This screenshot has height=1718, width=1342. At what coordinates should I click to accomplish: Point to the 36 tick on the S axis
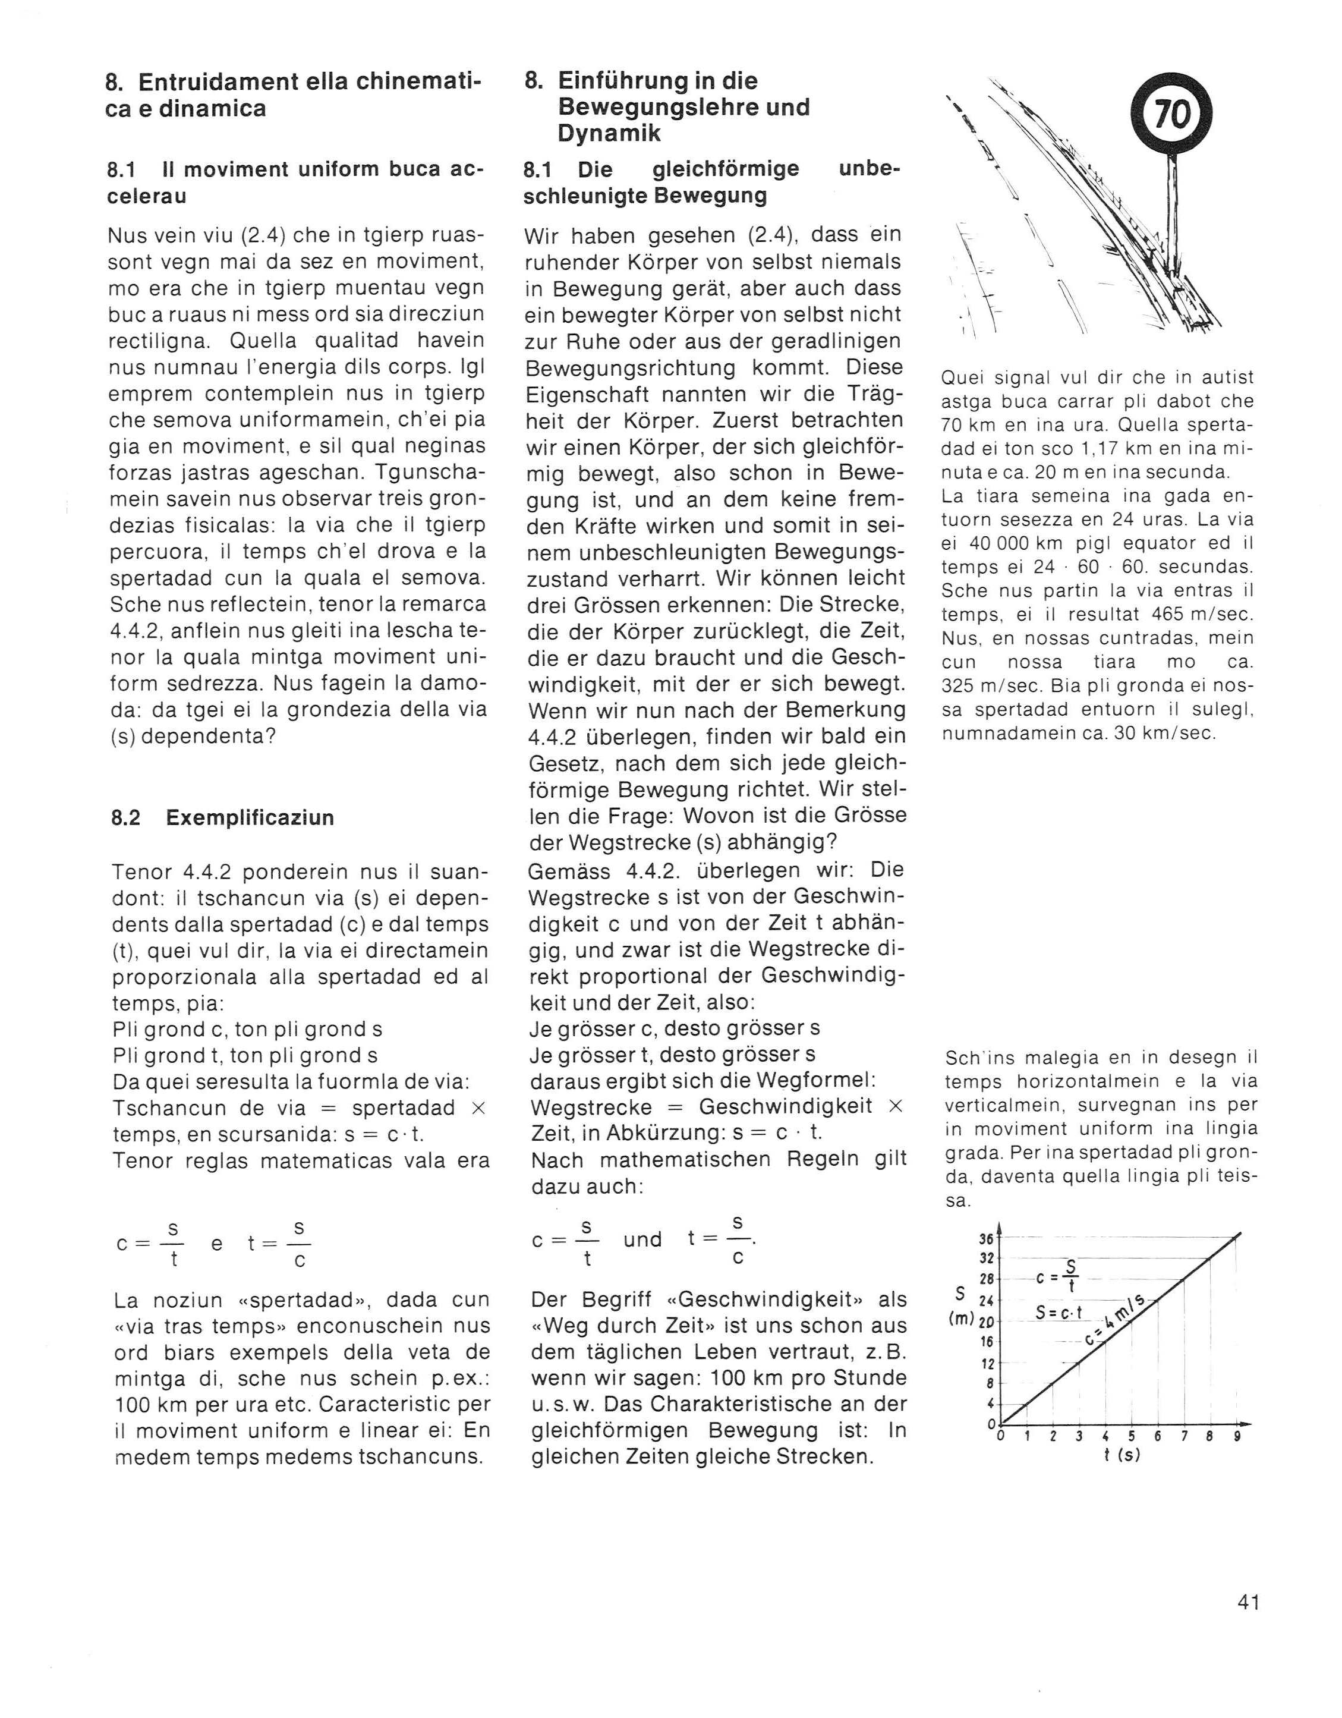(985, 1239)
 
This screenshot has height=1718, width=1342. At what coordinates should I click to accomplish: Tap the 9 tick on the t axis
(1237, 1436)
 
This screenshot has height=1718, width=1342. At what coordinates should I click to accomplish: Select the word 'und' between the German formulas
(642, 1239)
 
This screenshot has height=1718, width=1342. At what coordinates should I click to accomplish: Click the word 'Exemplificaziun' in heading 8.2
(250, 817)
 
